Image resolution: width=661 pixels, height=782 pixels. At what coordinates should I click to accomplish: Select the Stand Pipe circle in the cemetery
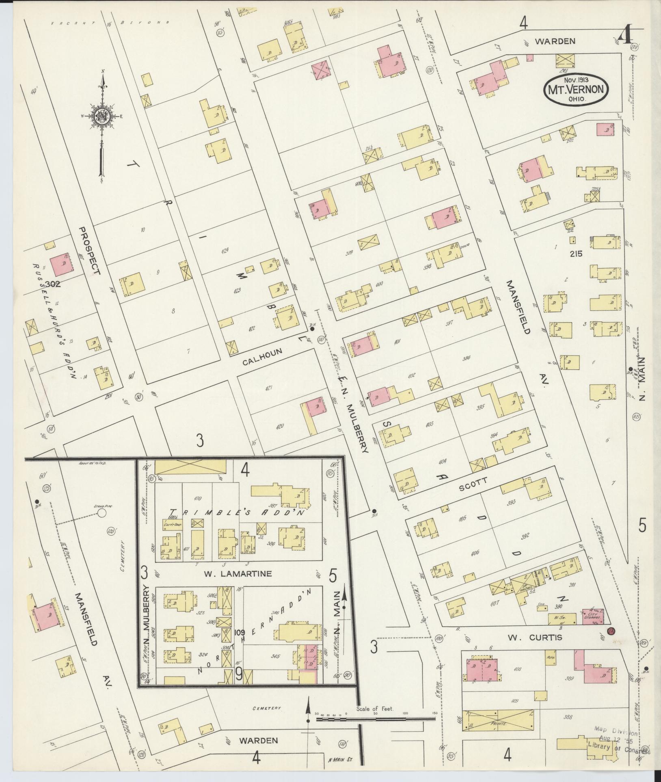102,513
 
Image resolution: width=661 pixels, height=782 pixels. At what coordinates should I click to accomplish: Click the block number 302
53,284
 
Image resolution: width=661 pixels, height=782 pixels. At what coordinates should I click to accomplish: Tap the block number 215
576,254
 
